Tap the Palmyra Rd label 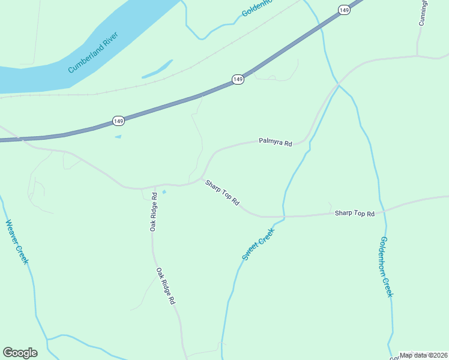click(275, 142)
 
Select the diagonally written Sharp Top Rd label click(222, 193)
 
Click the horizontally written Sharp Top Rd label click(354, 213)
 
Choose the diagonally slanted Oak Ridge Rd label click(166, 285)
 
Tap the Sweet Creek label click(258, 244)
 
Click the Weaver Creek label click(17, 242)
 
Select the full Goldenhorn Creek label click(386, 266)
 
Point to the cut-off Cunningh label click(423, 13)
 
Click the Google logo click(20, 353)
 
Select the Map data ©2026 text click(423, 355)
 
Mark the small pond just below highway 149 click(118, 137)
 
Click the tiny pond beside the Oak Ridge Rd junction click(164, 192)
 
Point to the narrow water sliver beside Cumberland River click(157, 69)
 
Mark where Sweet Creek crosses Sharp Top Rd click(283, 217)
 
